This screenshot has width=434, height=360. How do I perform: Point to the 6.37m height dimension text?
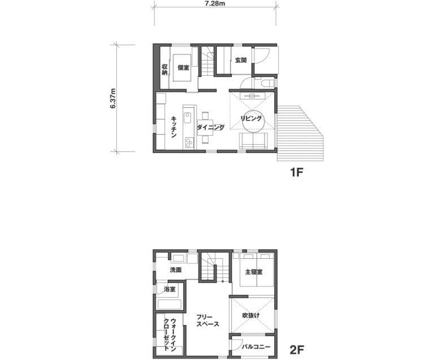click(x=113, y=98)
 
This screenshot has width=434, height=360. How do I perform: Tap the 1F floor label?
click(x=297, y=173)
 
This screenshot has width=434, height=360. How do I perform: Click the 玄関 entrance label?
click(x=241, y=60)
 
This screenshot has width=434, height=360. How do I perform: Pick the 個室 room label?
click(x=183, y=67)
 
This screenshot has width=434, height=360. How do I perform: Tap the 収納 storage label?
click(x=164, y=70)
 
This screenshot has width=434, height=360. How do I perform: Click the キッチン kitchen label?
click(x=174, y=127)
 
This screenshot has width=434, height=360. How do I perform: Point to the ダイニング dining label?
click(x=211, y=127)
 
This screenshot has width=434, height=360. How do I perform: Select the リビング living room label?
click(x=251, y=119)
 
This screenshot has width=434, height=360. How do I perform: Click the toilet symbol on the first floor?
click(x=267, y=83)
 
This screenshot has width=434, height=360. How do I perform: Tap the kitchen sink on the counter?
click(x=188, y=118)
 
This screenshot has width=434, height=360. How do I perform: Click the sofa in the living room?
click(x=253, y=141)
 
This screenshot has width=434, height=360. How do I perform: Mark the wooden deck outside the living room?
click(x=300, y=133)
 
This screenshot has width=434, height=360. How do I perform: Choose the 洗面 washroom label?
click(x=176, y=270)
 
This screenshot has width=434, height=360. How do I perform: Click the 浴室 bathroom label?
click(x=170, y=289)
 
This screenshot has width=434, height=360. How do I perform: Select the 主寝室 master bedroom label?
click(x=254, y=272)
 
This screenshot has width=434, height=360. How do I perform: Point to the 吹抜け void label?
click(x=251, y=315)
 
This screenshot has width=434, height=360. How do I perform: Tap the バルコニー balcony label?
click(x=256, y=346)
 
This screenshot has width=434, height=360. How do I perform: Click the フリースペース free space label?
click(x=207, y=320)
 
